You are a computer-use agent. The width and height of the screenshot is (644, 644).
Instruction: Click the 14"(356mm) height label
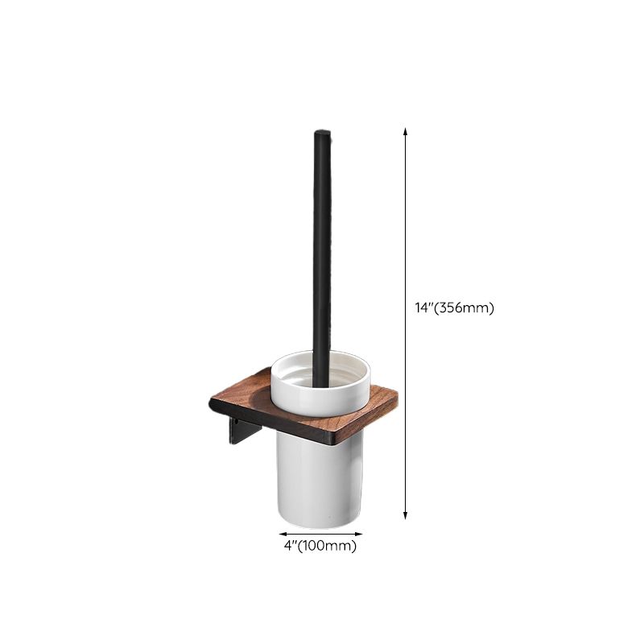[453, 308]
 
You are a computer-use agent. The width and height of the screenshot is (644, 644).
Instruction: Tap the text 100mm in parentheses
[329, 547]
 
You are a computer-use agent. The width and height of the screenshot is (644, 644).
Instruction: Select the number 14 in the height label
[419, 308]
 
